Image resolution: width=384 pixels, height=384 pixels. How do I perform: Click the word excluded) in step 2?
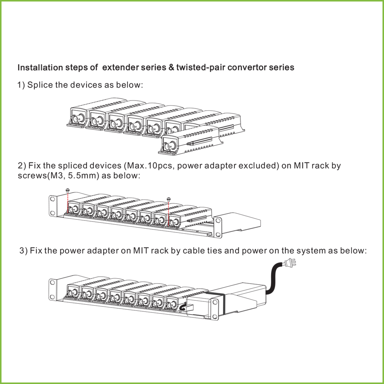click(x=259, y=166)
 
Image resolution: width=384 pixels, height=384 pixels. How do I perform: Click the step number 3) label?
click(x=24, y=250)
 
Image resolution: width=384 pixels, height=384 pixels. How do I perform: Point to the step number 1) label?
click(x=21, y=85)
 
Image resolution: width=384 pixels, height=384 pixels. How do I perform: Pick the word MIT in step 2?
click(x=301, y=166)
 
